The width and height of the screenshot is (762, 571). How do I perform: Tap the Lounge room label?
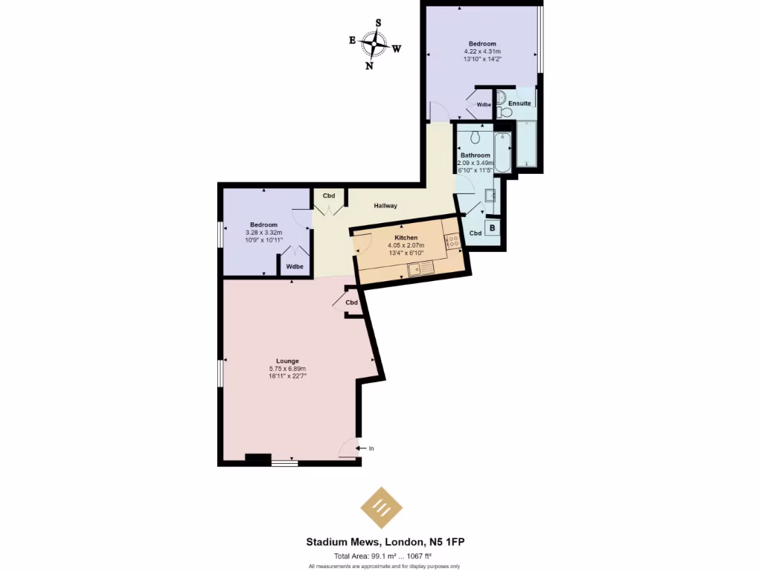(x=287, y=361)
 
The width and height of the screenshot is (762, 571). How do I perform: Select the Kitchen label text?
(x=406, y=238)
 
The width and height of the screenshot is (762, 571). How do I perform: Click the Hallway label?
(x=385, y=206)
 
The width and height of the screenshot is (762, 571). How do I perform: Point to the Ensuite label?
(x=519, y=103)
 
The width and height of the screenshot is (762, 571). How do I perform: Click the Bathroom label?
(x=476, y=155)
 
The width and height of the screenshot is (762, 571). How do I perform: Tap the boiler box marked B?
(x=492, y=228)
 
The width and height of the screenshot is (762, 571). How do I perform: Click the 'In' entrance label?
(x=371, y=448)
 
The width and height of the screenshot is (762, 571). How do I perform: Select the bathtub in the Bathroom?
(x=503, y=152)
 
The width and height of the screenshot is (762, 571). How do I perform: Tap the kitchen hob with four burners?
(x=452, y=241)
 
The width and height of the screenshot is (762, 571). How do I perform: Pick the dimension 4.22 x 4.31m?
(x=482, y=51)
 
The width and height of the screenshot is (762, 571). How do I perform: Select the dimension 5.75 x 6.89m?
(x=287, y=369)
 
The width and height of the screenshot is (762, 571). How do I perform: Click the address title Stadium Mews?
(x=386, y=542)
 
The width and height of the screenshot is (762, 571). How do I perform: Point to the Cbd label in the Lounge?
(x=351, y=303)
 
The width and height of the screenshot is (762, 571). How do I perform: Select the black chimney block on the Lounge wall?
(x=257, y=458)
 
